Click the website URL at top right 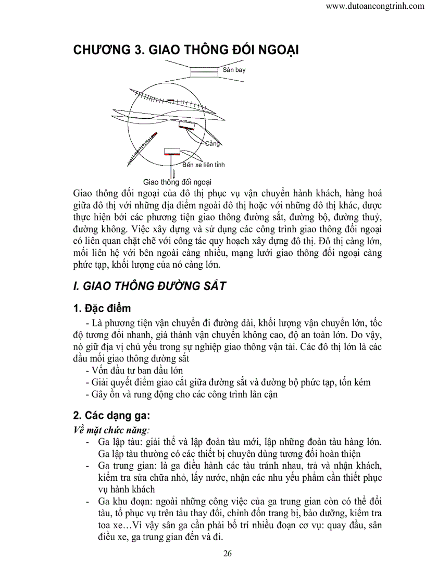click(374, 7)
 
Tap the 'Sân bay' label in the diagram click(234, 70)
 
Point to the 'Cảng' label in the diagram click(213, 143)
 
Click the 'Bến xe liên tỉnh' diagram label click(204, 165)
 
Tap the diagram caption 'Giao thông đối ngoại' click(177, 182)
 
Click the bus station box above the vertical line click(172, 152)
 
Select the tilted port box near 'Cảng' click(186, 125)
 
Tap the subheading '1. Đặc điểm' click(102, 308)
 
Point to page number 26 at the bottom click(227, 553)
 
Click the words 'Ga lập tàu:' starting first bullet click(119, 442)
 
